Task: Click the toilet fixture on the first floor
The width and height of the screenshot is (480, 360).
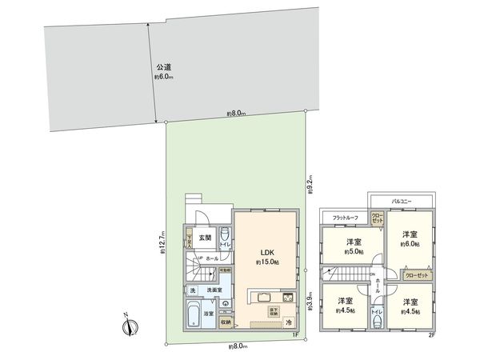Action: tap(226, 235)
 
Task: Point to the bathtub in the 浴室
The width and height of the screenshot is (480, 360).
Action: tap(194, 314)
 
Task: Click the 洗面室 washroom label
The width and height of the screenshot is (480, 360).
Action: tap(211, 290)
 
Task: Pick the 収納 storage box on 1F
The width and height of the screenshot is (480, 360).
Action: tap(226, 322)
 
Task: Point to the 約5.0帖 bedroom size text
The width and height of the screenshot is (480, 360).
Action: tap(352, 252)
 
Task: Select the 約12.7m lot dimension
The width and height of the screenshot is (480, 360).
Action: tap(161, 238)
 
